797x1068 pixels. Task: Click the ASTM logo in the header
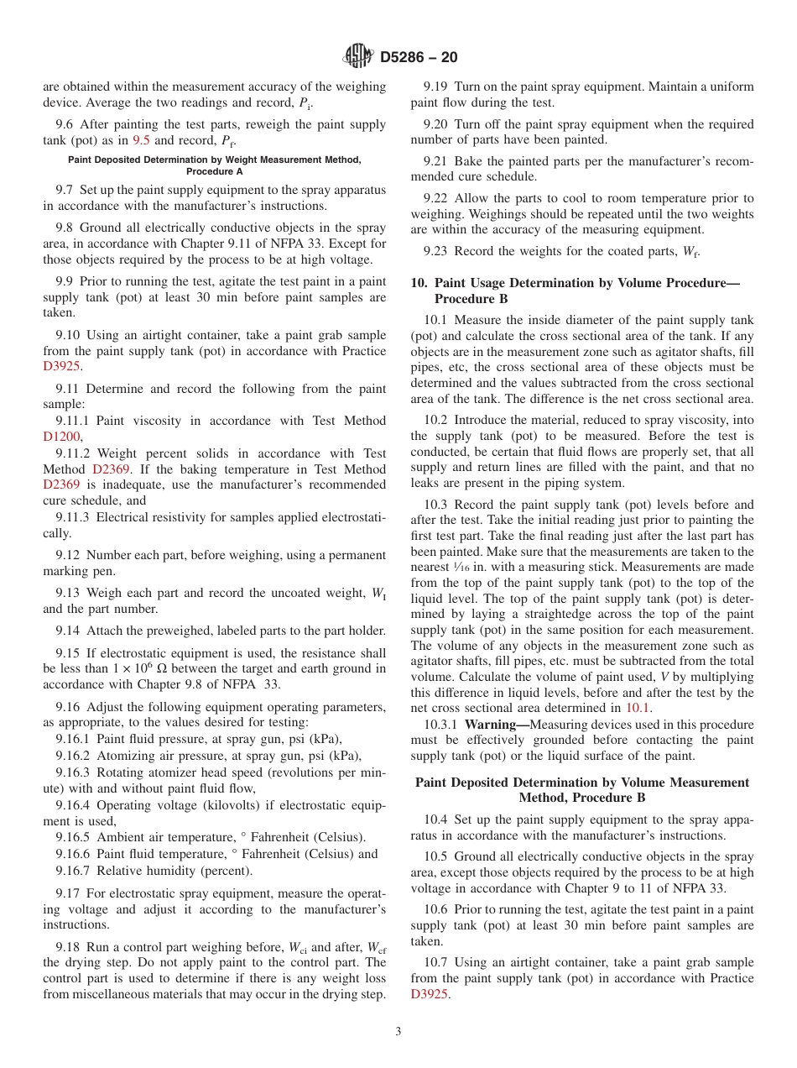(x=358, y=57)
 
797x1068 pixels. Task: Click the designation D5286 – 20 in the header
(x=419, y=58)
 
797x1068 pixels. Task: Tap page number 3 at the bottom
(x=398, y=1032)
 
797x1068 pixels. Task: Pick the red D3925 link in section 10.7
(x=430, y=994)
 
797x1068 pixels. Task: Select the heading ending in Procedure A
(x=215, y=165)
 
